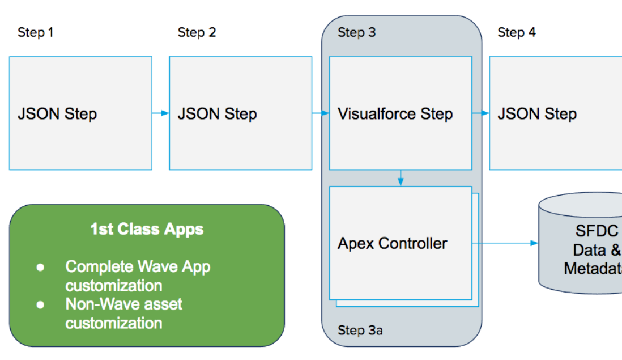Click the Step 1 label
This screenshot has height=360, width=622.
pos(35,32)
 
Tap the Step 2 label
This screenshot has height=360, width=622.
pos(197,32)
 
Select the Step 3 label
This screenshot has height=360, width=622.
pos(357,32)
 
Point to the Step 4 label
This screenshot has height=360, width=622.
pos(517,32)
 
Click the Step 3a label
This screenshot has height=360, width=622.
pos(360,330)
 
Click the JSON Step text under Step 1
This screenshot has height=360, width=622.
pos(57,114)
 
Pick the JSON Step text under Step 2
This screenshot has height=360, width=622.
pos(217,114)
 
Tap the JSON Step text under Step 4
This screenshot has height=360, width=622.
pos(537,114)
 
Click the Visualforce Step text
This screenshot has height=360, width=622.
pos(395,114)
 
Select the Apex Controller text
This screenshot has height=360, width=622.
pos(393,243)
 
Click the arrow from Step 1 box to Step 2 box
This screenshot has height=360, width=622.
pos(161,113)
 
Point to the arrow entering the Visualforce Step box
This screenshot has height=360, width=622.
pos(321,113)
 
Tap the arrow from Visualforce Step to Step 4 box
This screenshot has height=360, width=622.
pos(481,113)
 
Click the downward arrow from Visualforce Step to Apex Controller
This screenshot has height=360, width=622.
pos(401,178)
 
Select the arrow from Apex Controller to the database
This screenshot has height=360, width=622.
pos(505,243)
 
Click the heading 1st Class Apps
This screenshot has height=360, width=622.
pos(147,229)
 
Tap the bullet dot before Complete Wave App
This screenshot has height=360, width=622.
pos(40,267)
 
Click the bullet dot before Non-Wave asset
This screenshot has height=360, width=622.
pos(40,305)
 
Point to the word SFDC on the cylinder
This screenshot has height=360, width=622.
pos(597,231)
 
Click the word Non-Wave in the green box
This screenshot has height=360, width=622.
pos(102,304)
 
